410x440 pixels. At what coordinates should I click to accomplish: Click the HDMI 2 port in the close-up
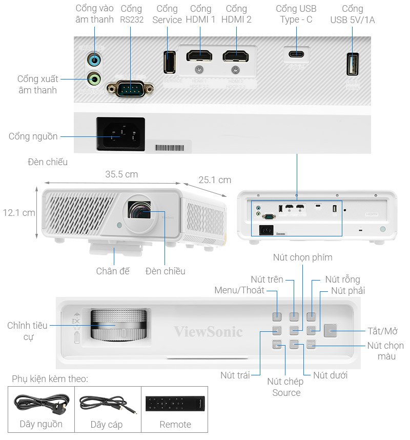(x=236, y=56)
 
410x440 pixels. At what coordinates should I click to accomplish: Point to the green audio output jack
(x=94, y=79)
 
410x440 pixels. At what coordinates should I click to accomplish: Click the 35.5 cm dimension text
(x=121, y=174)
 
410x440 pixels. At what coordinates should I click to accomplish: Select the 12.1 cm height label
(x=18, y=212)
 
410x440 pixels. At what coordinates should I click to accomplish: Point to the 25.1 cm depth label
(x=215, y=180)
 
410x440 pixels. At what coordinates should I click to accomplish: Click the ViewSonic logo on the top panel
(x=208, y=331)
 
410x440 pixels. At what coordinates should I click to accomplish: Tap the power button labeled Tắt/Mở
(x=331, y=331)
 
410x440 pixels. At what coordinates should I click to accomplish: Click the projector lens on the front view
(x=141, y=211)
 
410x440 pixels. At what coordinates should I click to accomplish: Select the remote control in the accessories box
(x=175, y=403)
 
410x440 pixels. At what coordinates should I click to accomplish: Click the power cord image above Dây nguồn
(x=41, y=403)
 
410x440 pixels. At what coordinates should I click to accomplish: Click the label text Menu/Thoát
(x=239, y=291)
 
